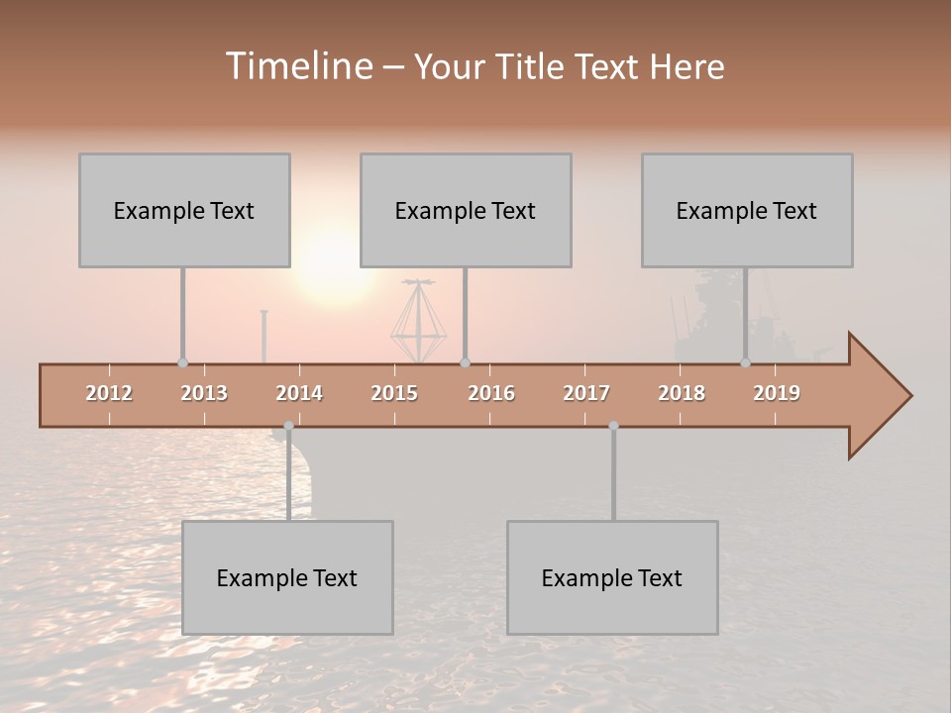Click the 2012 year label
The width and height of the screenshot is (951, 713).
click(x=109, y=393)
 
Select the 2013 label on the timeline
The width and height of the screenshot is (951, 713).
click(x=204, y=393)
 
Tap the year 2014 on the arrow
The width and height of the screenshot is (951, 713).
click(x=299, y=393)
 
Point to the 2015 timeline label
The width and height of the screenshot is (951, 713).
click(x=394, y=393)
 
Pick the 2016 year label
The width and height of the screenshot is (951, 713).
click(x=491, y=393)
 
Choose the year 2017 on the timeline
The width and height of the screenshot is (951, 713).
click(x=586, y=393)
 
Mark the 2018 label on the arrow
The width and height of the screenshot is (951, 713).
click(x=682, y=393)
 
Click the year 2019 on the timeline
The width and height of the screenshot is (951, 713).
click(x=777, y=393)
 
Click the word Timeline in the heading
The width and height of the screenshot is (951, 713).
click(x=296, y=66)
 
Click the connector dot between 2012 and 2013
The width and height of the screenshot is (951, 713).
click(x=182, y=362)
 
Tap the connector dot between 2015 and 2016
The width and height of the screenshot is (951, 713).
click(x=465, y=362)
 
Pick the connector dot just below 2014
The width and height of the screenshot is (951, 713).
click(x=288, y=427)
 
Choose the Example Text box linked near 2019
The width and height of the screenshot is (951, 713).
click(x=747, y=210)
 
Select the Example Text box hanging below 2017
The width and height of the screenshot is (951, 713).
click(x=612, y=577)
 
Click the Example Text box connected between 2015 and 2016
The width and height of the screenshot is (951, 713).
click(x=466, y=210)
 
